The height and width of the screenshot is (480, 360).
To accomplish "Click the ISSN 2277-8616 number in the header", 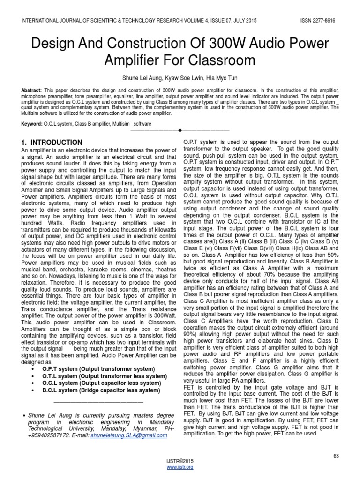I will pyautogui.click(x=318, y=21).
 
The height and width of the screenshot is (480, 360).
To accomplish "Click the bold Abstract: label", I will pyautogui.click(x=31, y=89).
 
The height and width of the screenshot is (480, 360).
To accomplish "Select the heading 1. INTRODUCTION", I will pyautogui.click(x=52, y=142).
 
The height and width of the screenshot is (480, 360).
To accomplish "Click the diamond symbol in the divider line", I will pyautogui.click(x=180, y=129).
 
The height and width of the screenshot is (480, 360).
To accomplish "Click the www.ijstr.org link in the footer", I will pyautogui.click(x=180, y=467).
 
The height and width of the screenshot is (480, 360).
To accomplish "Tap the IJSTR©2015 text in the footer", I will pyautogui.click(x=180, y=462).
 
